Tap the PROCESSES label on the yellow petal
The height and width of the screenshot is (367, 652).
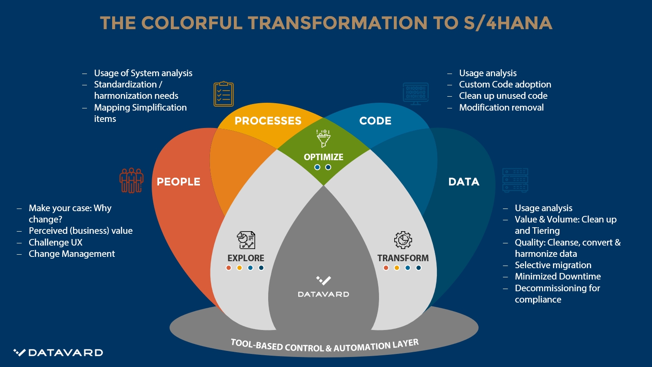[x=268, y=121]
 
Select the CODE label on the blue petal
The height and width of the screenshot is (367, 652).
[x=375, y=121]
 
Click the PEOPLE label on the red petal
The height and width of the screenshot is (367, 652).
[x=178, y=182]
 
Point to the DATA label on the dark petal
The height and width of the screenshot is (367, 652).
[x=464, y=182]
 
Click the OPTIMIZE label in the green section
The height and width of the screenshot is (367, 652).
[x=323, y=157]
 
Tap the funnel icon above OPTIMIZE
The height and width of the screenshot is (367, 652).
[x=323, y=138]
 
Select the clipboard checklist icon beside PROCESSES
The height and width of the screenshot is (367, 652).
[x=223, y=94]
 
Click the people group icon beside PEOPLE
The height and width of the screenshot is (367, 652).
[x=131, y=180]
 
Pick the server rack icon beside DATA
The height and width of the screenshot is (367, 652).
[x=515, y=180]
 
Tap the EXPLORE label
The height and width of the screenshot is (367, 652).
[x=246, y=258]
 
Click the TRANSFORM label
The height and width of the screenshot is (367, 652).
[x=403, y=258]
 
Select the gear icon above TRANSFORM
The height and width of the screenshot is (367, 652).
[x=403, y=240]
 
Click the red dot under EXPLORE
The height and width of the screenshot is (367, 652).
[x=229, y=268]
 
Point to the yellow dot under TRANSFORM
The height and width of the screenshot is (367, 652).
[x=396, y=268]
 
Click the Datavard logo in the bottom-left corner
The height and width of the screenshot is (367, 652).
[x=58, y=353]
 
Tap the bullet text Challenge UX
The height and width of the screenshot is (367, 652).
[x=55, y=242]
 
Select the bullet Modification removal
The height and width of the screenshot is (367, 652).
[x=501, y=108]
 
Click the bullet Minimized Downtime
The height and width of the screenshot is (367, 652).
[x=558, y=276]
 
